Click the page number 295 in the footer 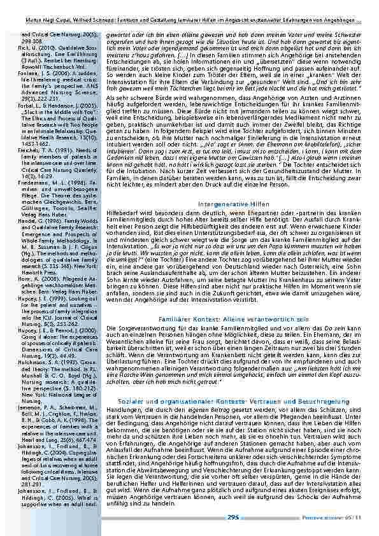tap(232, 518)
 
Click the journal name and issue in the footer tap(341, 518)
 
